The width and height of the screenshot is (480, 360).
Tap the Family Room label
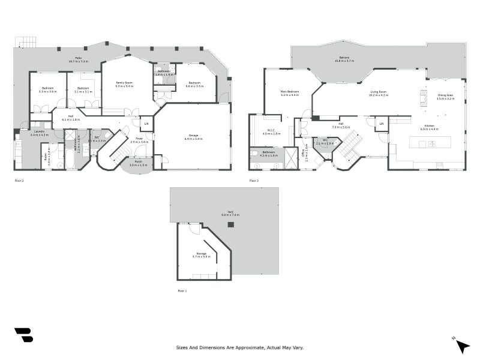pos(125,83)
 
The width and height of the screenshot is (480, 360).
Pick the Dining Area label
pos(445,96)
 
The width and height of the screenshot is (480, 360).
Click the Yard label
pos(230,213)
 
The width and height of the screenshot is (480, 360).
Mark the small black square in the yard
pos(230,224)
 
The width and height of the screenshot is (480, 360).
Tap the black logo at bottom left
pos(23,335)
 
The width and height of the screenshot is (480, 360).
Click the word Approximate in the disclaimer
pos(242,347)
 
